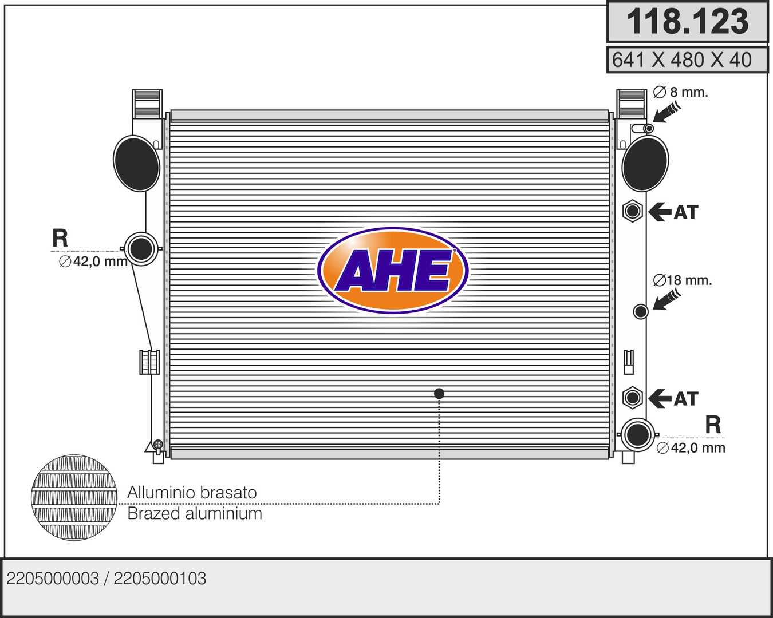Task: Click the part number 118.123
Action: click(x=688, y=22)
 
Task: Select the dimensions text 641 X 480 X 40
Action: click(x=681, y=60)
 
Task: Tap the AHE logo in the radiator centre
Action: click(x=393, y=271)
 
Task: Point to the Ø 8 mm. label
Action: click(x=680, y=92)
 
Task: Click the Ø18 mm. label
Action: click(x=682, y=280)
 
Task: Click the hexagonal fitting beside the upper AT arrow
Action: click(x=632, y=211)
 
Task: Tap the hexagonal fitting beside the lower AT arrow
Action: click(x=632, y=398)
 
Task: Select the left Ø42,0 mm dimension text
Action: click(x=93, y=262)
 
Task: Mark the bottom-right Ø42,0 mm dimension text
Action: click(x=691, y=448)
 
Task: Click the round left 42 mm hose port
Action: click(x=141, y=248)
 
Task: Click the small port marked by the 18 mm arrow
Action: click(x=641, y=311)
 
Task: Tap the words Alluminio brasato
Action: click(x=192, y=492)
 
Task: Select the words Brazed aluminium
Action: click(x=195, y=513)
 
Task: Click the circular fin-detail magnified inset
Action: click(x=74, y=497)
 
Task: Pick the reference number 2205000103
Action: click(x=160, y=579)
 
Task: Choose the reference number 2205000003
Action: click(x=53, y=579)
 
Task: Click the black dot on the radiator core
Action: click(x=439, y=394)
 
